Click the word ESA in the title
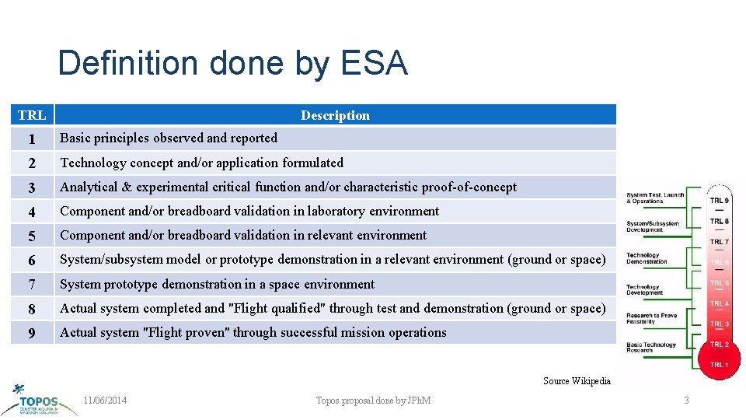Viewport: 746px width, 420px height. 375,63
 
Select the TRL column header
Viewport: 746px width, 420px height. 32,115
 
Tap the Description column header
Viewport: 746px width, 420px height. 335,115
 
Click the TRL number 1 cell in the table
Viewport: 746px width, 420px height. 32,138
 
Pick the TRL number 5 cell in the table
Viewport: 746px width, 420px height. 32,236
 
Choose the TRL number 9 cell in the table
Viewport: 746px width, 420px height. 32,333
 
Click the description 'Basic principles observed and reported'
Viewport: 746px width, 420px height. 169,138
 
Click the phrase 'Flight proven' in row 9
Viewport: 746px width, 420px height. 188,332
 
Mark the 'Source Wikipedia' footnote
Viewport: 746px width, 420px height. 577,381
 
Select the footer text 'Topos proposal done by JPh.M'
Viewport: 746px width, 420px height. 373,401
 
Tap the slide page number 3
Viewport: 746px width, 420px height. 686,401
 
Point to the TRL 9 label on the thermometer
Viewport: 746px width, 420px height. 719,201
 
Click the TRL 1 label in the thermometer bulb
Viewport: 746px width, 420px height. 719,364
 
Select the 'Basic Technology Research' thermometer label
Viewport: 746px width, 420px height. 651,348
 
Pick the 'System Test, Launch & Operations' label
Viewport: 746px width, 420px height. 655,198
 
